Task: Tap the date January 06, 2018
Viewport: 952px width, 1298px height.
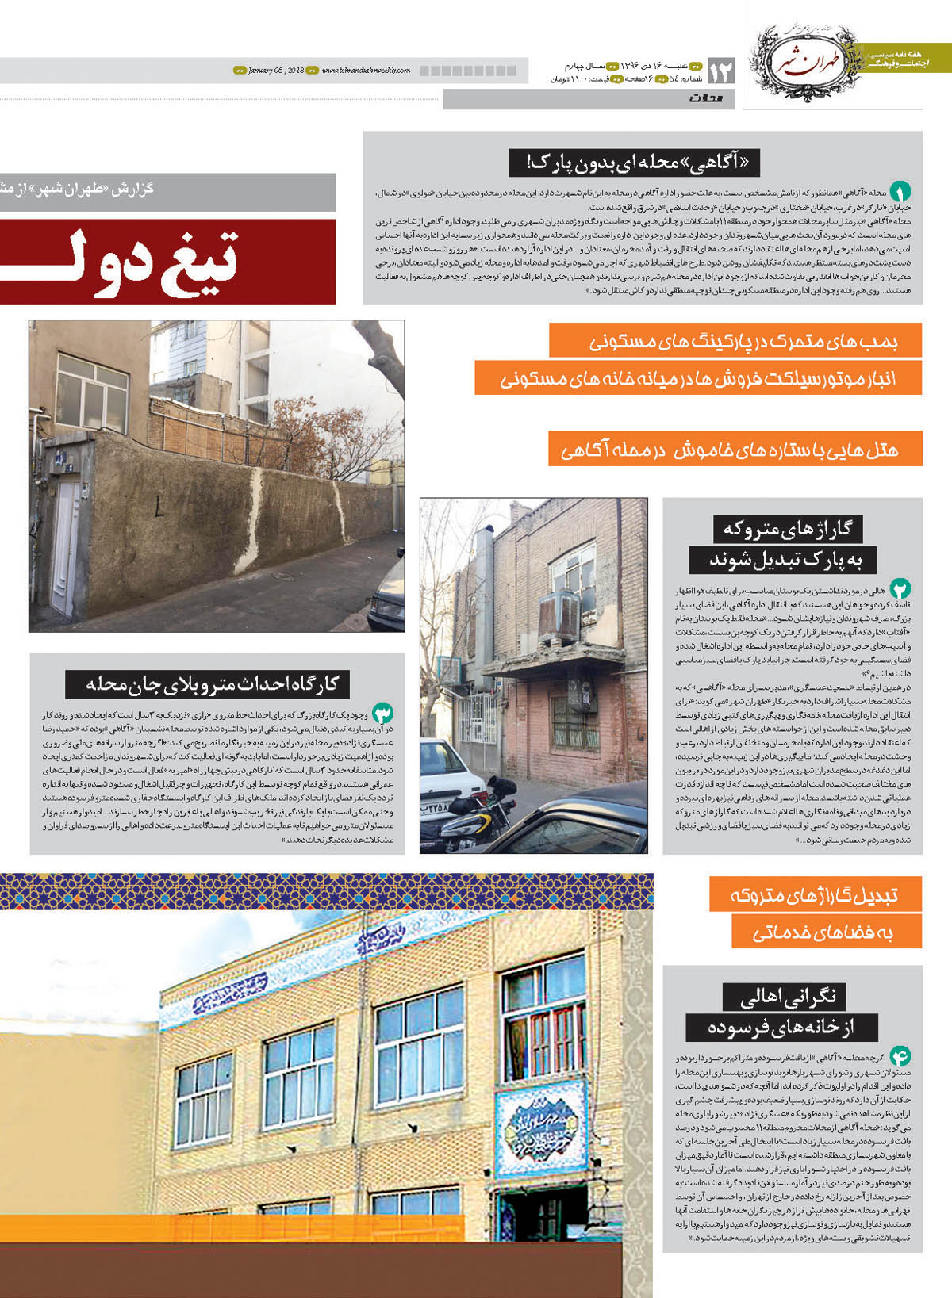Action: pos(275,71)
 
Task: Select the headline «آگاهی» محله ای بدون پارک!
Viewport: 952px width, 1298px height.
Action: pos(634,163)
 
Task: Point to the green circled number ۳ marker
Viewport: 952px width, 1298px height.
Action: pos(383,713)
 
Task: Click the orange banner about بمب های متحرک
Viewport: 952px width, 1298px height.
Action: pos(735,341)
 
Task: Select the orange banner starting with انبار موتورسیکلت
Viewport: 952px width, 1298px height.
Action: pos(697,378)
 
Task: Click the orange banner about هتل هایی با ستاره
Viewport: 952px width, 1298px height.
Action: pos(735,450)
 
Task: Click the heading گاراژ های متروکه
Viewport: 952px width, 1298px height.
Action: pos(788,529)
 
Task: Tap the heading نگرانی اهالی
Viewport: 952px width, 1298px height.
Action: pos(784,997)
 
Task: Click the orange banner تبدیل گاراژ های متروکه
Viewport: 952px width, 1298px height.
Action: pos(815,895)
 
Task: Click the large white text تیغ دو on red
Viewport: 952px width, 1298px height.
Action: pos(167,262)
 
